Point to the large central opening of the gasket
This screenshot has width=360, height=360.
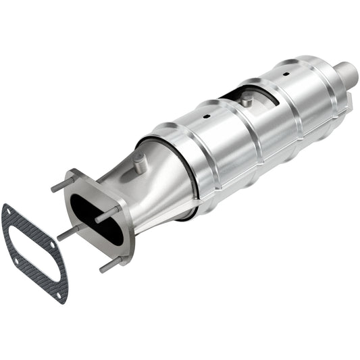click(34, 250)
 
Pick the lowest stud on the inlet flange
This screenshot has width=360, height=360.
click(111, 265)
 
